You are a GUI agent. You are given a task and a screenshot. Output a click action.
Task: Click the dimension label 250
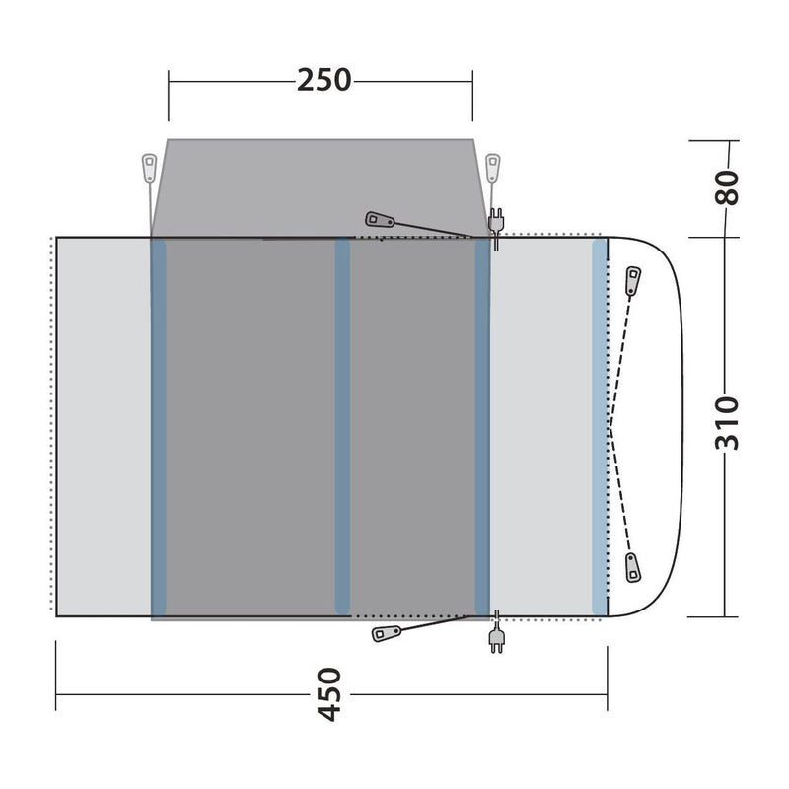[x=324, y=79]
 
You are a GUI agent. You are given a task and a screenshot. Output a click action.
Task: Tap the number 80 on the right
[x=727, y=187]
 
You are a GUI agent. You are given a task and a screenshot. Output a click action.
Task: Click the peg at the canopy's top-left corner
[x=149, y=167]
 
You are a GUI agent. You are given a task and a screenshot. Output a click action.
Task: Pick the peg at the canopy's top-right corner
[x=494, y=165]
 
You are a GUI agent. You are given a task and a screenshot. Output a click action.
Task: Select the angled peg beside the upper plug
[x=380, y=220]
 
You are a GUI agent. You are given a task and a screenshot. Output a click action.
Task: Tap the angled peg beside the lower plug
[x=385, y=633]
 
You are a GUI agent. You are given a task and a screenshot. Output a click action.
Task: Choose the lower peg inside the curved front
[x=632, y=567]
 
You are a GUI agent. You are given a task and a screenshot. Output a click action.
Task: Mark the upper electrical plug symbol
[x=496, y=221]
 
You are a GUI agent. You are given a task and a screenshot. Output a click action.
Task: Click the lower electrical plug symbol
[x=495, y=639]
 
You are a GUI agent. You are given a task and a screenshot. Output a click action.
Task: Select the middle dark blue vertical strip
[x=342, y=424]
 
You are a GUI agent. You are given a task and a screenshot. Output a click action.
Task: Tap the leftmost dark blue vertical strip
[x=158, y=424]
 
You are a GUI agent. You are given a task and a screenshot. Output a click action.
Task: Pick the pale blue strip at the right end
[x=599, y=424]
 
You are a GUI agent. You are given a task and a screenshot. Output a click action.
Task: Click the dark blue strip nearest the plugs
[x=482, y=424]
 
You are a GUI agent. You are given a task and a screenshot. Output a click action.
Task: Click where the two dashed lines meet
[x=611, y=427]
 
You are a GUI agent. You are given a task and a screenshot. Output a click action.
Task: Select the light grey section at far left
[x=103, y=424]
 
